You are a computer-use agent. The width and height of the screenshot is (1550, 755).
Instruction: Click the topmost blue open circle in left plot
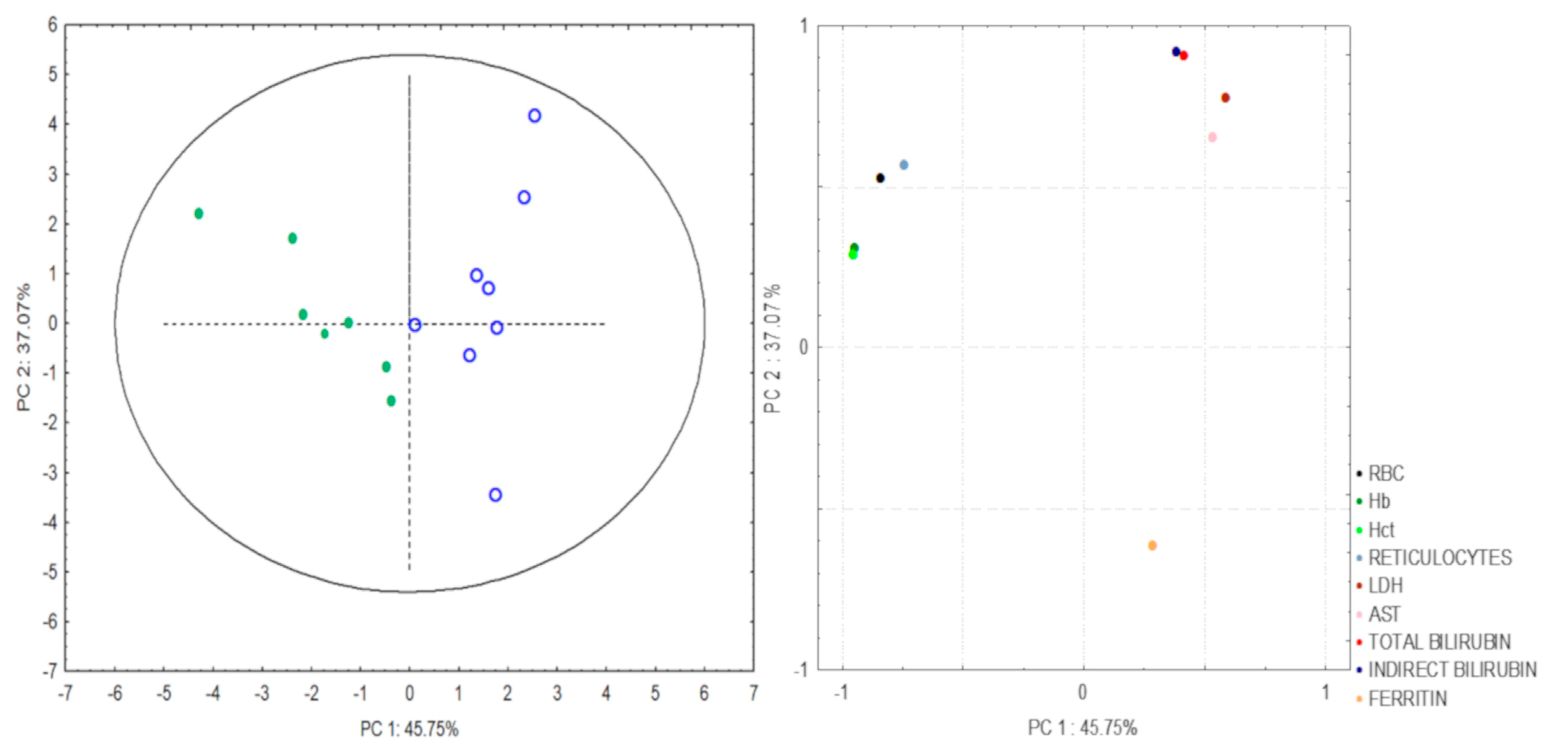pyautogui.click(x=534, y=115)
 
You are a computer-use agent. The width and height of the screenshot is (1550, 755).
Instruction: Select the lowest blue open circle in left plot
pyautogui.click(x=495, y=494)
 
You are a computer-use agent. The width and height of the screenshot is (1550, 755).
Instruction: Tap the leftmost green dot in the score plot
pyautogui.click(x=199, y=214)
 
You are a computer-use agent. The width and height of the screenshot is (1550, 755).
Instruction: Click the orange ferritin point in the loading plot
pyautogui.click(x=1152, y=546)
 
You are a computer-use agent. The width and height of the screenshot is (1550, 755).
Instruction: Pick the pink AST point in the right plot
pyautogui.click(x=1212, y=137)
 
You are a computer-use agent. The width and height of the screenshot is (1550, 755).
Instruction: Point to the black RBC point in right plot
pyautogui.click(x=879, y=178)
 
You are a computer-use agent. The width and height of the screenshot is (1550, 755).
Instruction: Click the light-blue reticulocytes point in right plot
pyautogui.click(x=903, y=165)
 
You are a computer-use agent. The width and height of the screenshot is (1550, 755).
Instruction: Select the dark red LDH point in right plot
pyautogui.click(x=1225, y=98)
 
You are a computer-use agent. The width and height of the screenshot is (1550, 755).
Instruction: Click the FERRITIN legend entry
pyautogui.click(x=1407, y=698)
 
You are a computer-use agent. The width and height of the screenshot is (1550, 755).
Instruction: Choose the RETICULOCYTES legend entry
pyautogui.click(x=1439, y=557)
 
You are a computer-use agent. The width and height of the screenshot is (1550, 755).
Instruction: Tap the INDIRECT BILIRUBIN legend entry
pyautogui.click(x=1451, y=669)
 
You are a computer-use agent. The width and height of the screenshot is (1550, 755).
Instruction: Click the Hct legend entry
pyautogui.click(x=1381, y=530)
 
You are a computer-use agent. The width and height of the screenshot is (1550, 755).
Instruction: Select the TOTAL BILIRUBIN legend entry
pyautogui.click(x=1439, y=642)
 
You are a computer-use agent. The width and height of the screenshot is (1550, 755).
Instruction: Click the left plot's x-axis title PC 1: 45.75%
pyautogui.click(x=409, y=729)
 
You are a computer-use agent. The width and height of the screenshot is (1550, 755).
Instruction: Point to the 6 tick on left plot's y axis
pyautogui.click(x=53, y=25)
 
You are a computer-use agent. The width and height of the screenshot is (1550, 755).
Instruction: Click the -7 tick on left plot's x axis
pyautogui.click(x=65, y=694)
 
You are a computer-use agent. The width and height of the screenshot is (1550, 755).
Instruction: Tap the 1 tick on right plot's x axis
pyautogui.click(x=1326, y=693)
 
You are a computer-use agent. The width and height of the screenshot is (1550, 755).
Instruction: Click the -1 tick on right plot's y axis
pyautogui.click(x=801, y=669)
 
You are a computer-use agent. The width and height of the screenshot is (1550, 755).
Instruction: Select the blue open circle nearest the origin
pyautogui.click(x=415, y=325)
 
